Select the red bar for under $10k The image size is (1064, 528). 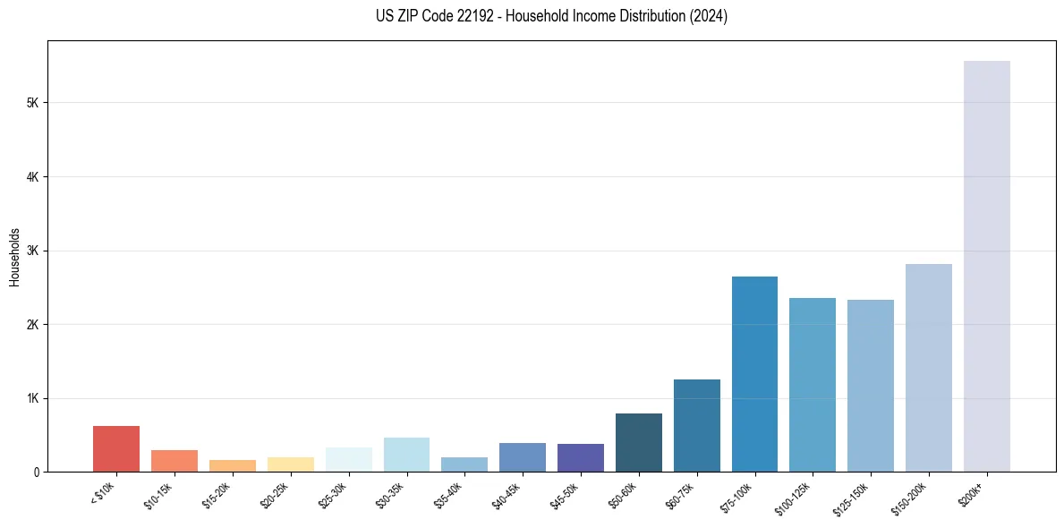[116, 448]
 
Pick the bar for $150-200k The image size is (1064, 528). [928, 368]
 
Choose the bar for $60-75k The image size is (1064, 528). [696, 425]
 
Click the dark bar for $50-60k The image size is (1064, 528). [638, 442]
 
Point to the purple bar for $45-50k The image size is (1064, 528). [580, 457]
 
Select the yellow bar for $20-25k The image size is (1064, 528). [290, 464]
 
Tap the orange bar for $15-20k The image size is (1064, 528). [233, 465]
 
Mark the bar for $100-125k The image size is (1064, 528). [813, 385]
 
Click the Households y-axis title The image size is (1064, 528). [14, 256]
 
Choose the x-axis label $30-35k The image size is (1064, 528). [390, 494]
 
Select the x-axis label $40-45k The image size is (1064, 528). [506, 494]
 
